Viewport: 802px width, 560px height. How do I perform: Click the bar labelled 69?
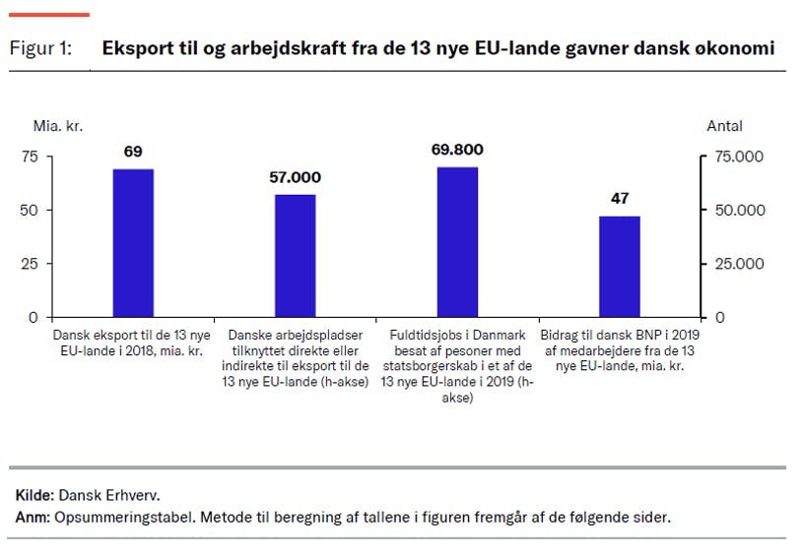(133, 242)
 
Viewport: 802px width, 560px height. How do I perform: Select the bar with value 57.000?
(295, 255)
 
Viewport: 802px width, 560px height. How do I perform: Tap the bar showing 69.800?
(457, 241)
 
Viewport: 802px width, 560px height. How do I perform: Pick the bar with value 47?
(619, 266)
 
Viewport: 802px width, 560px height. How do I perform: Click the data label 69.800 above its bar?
(457, 151)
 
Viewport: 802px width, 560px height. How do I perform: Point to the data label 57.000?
(295, 178)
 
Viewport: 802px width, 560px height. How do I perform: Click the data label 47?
(619, 199)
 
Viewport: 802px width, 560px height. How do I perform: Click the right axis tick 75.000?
(738, 156)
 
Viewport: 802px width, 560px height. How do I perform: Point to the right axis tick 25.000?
(738, 264)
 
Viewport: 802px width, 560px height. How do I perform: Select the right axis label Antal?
(724, 126)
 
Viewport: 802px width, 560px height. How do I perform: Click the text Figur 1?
(40, 48)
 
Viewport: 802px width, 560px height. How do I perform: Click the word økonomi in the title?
(737, 48)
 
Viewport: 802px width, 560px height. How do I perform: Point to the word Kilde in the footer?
(34, 496)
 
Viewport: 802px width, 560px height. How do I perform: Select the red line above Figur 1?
(50, 15)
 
